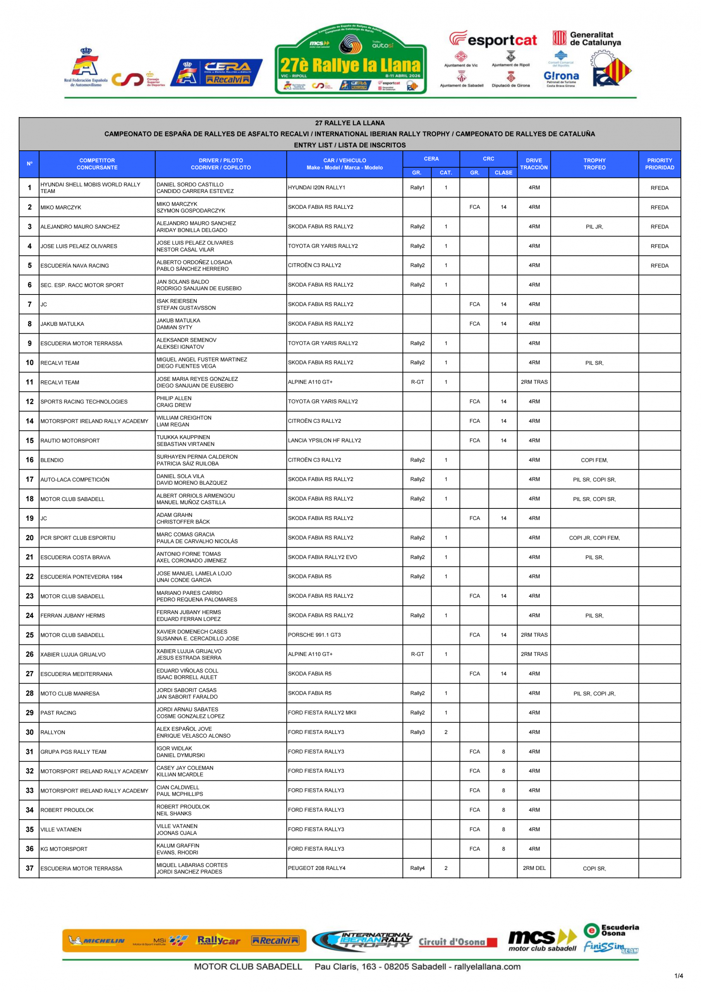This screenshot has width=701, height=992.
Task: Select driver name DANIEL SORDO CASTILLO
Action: pos(190,184)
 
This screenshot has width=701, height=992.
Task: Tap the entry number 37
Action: pos(29,868)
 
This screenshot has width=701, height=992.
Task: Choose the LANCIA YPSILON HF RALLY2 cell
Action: pos(325,440)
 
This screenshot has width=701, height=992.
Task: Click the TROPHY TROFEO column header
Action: pos(594,164)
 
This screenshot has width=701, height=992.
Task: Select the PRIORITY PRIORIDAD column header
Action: pos(659,164)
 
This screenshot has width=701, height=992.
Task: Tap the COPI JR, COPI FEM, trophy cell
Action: pos(594,538)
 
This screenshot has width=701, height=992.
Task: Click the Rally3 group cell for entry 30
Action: pos(417,732)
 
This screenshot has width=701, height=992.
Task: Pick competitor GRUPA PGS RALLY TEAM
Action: pos(74,752)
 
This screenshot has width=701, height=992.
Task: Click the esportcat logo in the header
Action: pos(493,40)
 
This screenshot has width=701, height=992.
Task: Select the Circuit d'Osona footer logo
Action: pos(457,942)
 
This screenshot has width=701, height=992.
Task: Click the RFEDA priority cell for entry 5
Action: pos(659,266)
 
